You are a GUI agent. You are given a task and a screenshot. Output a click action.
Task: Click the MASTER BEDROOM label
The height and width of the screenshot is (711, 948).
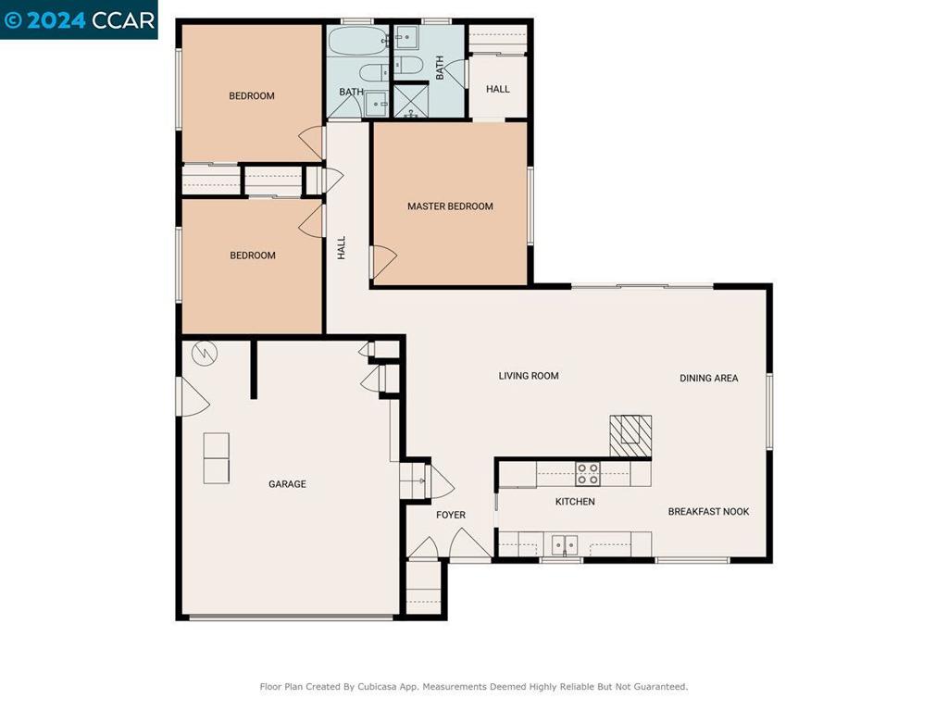pyautogui.click(x=450, y=206)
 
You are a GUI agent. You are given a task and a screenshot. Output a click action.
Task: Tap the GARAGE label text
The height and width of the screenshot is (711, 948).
pyautogui.click(x=287, y=484)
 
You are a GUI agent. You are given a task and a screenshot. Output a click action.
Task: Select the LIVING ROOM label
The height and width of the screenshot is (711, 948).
pyautogui.click(x=529, y=376)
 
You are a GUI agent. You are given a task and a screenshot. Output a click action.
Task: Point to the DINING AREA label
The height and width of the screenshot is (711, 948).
pyautogui.click(x=708, y=378)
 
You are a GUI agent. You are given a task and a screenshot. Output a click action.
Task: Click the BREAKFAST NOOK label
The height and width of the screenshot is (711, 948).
pyautogui.click(x=708, y=512)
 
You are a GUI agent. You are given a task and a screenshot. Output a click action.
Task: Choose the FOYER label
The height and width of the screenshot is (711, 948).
pyautogui.click(x=451, y=515)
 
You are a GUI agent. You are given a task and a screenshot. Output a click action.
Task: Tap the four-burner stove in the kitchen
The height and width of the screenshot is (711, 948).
pyautogui.click(x=587, y=474)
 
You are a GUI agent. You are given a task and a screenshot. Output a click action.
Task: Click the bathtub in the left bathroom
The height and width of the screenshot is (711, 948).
pyautogui.click(x=355, y=43)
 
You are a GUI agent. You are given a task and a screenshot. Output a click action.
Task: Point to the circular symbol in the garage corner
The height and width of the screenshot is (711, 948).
pyautogui.click(x=203, y=353)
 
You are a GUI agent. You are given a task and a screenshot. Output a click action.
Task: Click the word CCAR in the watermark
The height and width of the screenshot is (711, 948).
pyautogui.click(x=123, y=20)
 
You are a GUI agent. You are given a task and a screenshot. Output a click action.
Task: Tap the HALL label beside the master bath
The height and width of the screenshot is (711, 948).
pyautogui.click(x=498, y=89)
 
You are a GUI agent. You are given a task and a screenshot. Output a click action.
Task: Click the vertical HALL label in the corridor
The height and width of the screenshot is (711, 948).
pyautogui.click(x=342, y=247)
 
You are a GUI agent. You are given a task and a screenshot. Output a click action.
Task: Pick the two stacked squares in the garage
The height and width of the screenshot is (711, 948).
pyautogui.click(x=216, y=458)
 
